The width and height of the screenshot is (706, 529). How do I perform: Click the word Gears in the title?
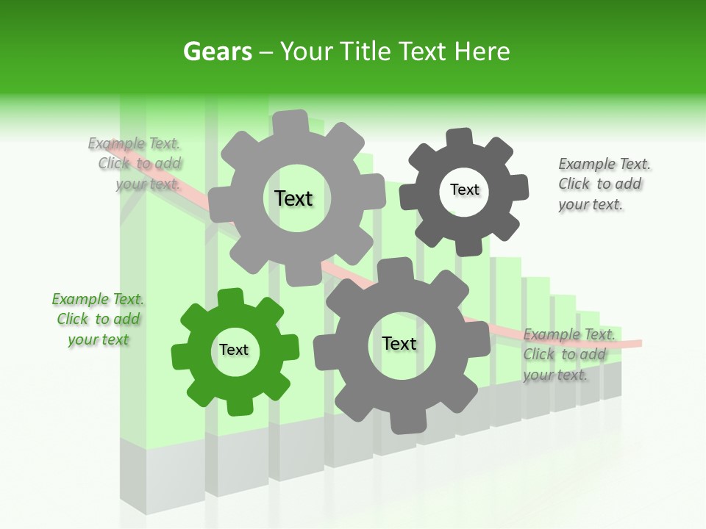tap(217, 52)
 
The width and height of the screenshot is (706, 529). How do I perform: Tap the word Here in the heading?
tap(482, 52)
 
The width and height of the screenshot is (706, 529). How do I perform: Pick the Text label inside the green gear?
tap(234, 350)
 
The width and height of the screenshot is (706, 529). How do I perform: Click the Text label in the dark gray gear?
tap(465, 190)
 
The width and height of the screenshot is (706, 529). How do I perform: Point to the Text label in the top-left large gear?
tap(293, 198)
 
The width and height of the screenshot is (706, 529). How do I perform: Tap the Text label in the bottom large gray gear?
tap(399, 344)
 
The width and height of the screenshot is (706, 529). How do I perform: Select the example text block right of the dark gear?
tap(603, 184)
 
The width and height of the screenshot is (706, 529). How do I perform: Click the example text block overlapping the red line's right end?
tap(568, 355)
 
